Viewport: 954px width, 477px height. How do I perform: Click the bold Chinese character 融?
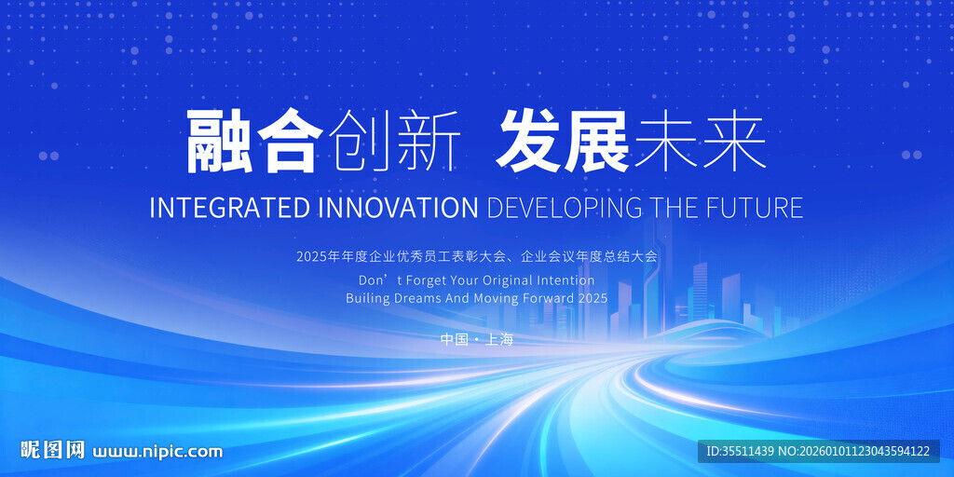tap(219, 142)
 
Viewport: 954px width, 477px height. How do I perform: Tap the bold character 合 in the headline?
tap(290, 142)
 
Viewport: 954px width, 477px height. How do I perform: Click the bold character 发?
tap(527, 142)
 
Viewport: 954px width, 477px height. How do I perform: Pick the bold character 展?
tap(597, 142)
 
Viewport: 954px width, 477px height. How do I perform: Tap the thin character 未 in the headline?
tap(664, 142)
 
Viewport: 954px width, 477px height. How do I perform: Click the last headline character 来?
tap(734, 142)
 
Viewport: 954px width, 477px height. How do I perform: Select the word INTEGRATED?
tap(231, 208)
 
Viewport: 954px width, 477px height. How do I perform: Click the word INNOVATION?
tap(399, 208)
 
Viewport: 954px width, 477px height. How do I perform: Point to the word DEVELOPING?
tap(565, 208)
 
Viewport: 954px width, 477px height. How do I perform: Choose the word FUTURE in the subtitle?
tap(755, 208)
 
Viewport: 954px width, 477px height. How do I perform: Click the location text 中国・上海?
tap(477, 339)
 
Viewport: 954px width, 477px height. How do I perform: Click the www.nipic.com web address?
tap(157, 452)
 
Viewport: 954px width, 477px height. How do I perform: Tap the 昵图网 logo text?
tap(53, 450)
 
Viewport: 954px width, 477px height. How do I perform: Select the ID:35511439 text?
tap(741, 452)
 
